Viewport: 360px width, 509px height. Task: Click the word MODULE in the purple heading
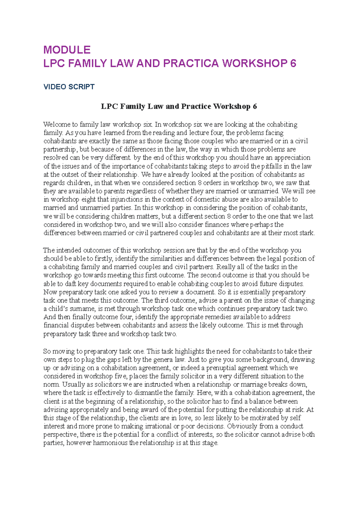67,50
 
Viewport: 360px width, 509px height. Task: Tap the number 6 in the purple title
293,64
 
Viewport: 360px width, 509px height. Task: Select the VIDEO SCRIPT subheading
69,87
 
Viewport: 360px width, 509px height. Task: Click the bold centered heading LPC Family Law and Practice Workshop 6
179,106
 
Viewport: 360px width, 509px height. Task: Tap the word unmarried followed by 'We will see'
265,191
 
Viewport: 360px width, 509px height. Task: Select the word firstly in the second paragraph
103,258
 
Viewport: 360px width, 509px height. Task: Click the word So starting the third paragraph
47,351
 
